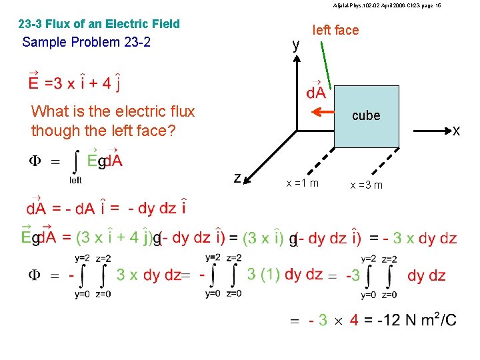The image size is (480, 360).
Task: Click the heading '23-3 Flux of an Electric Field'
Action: pyautogui.click(x=99, y=24)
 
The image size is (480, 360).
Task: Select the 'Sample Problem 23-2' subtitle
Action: pyautogui.click(x=86, y=42)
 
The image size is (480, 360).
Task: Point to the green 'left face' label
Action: pyautogui.click(x=335, y=30)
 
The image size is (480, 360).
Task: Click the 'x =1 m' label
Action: pyautogui.click(x=302, y=183)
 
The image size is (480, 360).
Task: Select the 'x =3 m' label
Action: pyautogui.click(x=367, y=185)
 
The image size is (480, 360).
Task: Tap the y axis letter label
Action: pyautogui.click(x=296, y=45)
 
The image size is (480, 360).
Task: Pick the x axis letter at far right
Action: pyautogui.click(x=456, y=131)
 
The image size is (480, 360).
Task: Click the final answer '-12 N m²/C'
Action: pyautogui.click(x=417, y=320)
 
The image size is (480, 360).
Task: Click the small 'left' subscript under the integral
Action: pyautogui.click(x=76, y=180)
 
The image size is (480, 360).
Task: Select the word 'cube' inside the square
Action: pyautogui.click(x=366, y=115)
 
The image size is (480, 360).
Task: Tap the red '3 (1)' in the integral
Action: pyautogui.click(x=263, y=274)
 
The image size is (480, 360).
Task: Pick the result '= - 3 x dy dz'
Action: pyautogui.click(x=413, y=238)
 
